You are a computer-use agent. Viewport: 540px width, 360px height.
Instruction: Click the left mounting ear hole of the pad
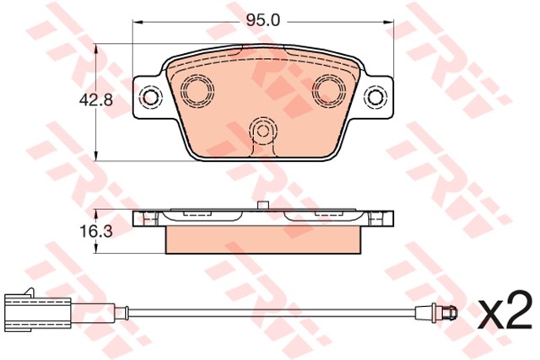click(150, 98)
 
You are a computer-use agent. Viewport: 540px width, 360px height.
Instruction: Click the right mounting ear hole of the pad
click(375, 98)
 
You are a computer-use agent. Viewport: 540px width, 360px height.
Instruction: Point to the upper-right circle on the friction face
click(329, 89)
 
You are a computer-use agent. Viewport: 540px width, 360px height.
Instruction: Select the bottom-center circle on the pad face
click(263, 131)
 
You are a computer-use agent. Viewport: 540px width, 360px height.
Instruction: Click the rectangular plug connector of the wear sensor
click(39, 313)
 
